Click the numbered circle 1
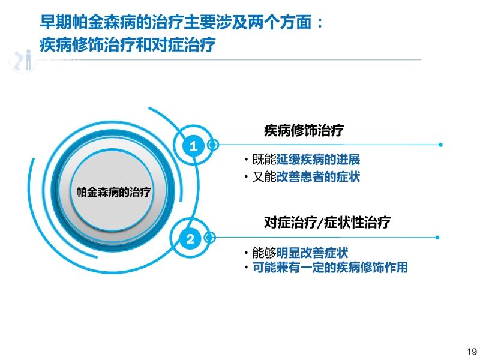193,146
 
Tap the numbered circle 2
190,239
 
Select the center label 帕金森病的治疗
113,192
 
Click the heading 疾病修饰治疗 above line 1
304,130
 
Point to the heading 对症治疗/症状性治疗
327,222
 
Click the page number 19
472,352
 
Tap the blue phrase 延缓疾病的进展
318,160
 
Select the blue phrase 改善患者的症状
318,177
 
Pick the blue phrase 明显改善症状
312,253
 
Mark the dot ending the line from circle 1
440,145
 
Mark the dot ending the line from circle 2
437,238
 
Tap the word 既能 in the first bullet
264,160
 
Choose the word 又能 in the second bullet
264,177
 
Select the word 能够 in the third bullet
264,253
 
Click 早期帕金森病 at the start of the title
88,22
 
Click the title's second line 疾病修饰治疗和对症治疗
128,45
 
